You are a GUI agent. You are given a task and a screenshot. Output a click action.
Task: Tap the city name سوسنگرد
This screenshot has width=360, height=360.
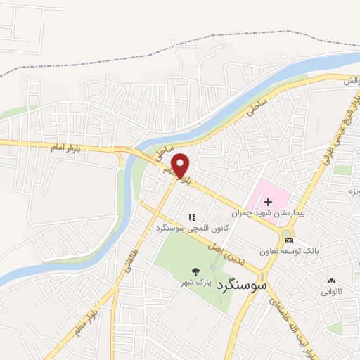(x=243, y=286)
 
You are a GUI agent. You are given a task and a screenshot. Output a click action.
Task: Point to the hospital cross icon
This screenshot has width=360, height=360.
(x=268, y=202)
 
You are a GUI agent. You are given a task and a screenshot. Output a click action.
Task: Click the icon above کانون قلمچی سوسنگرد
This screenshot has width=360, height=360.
(x=191, y=217)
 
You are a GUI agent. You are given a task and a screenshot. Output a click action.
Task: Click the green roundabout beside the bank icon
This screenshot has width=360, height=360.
(x=287, y=232)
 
